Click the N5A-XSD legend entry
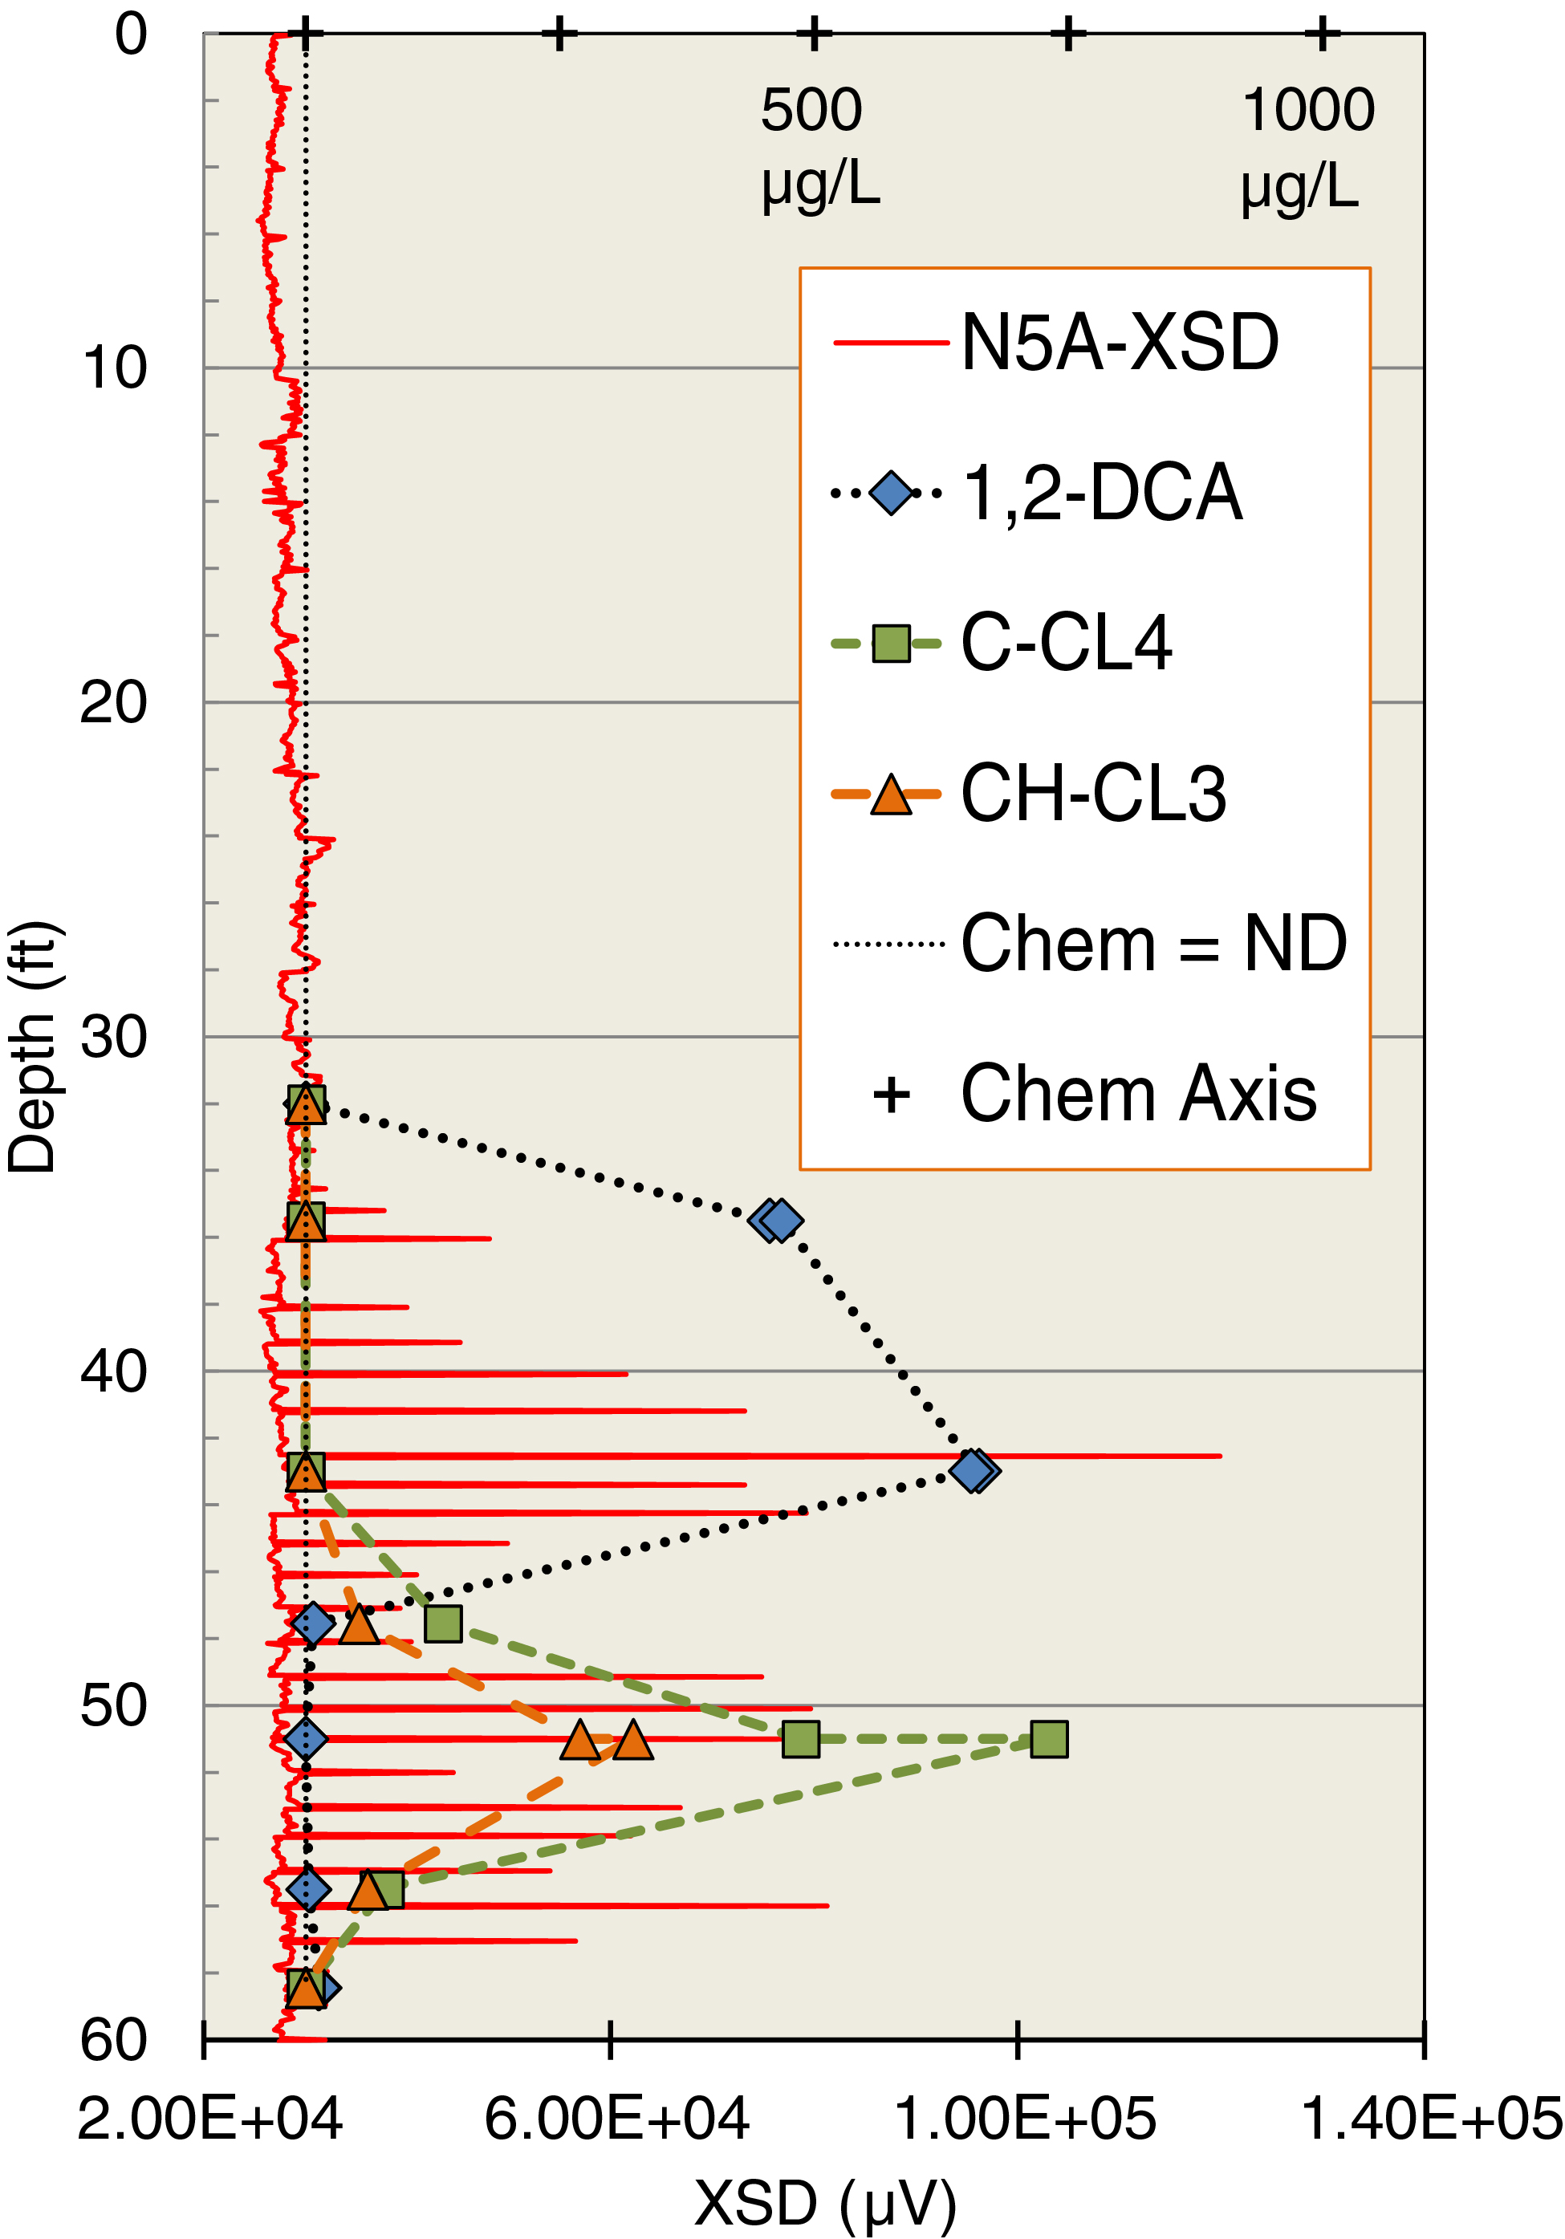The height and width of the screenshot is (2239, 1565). tap(1119, 343)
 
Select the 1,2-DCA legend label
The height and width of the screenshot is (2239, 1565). tap(1102, 493)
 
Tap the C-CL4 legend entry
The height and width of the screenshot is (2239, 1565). tap(1066, 643)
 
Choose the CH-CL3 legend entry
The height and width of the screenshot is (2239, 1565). tap(1093, 793)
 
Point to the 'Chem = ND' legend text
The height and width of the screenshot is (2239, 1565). tap(1153, 943)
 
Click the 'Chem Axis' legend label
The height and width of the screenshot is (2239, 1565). tap(1138, 1093)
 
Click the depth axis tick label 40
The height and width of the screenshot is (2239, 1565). tap(113, 1371)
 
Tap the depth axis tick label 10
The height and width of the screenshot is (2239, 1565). tap(114, 368)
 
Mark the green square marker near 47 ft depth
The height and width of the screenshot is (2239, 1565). tap(443, 1623)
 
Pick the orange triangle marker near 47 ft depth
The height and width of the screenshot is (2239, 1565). tap(359, 1624)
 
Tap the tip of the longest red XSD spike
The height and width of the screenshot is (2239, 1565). tap(1220, 1456)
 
